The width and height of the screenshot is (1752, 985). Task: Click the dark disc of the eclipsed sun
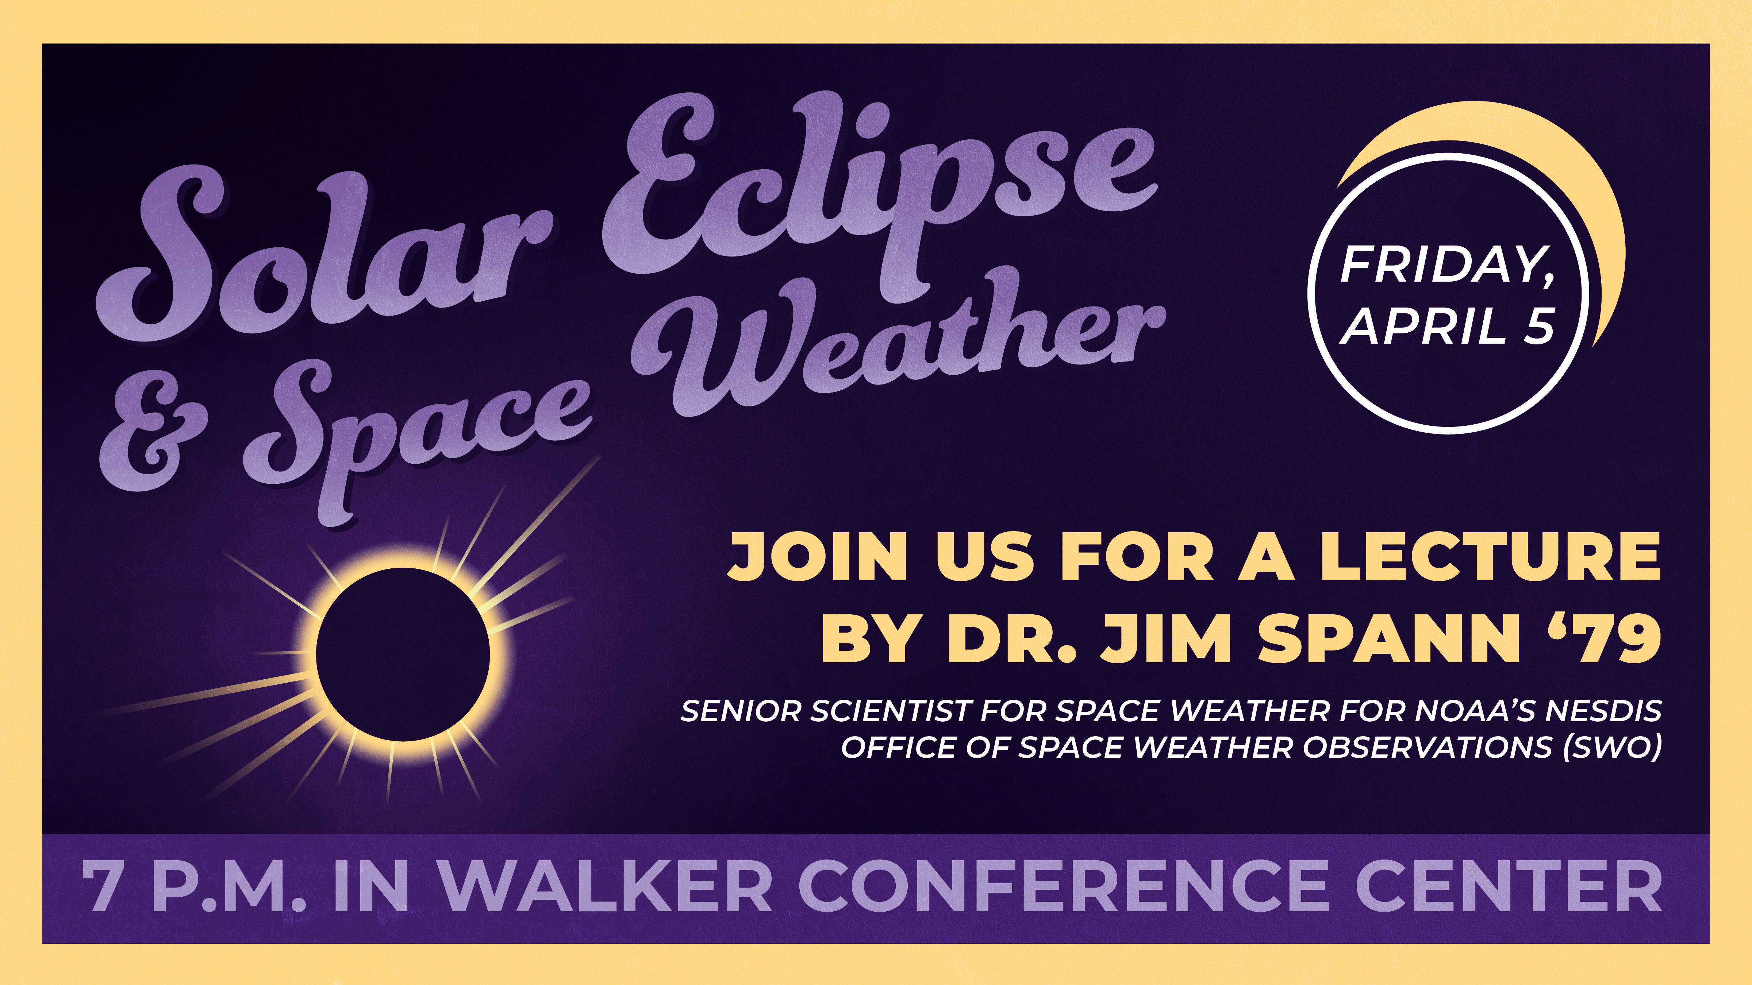[x=403, y=654]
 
